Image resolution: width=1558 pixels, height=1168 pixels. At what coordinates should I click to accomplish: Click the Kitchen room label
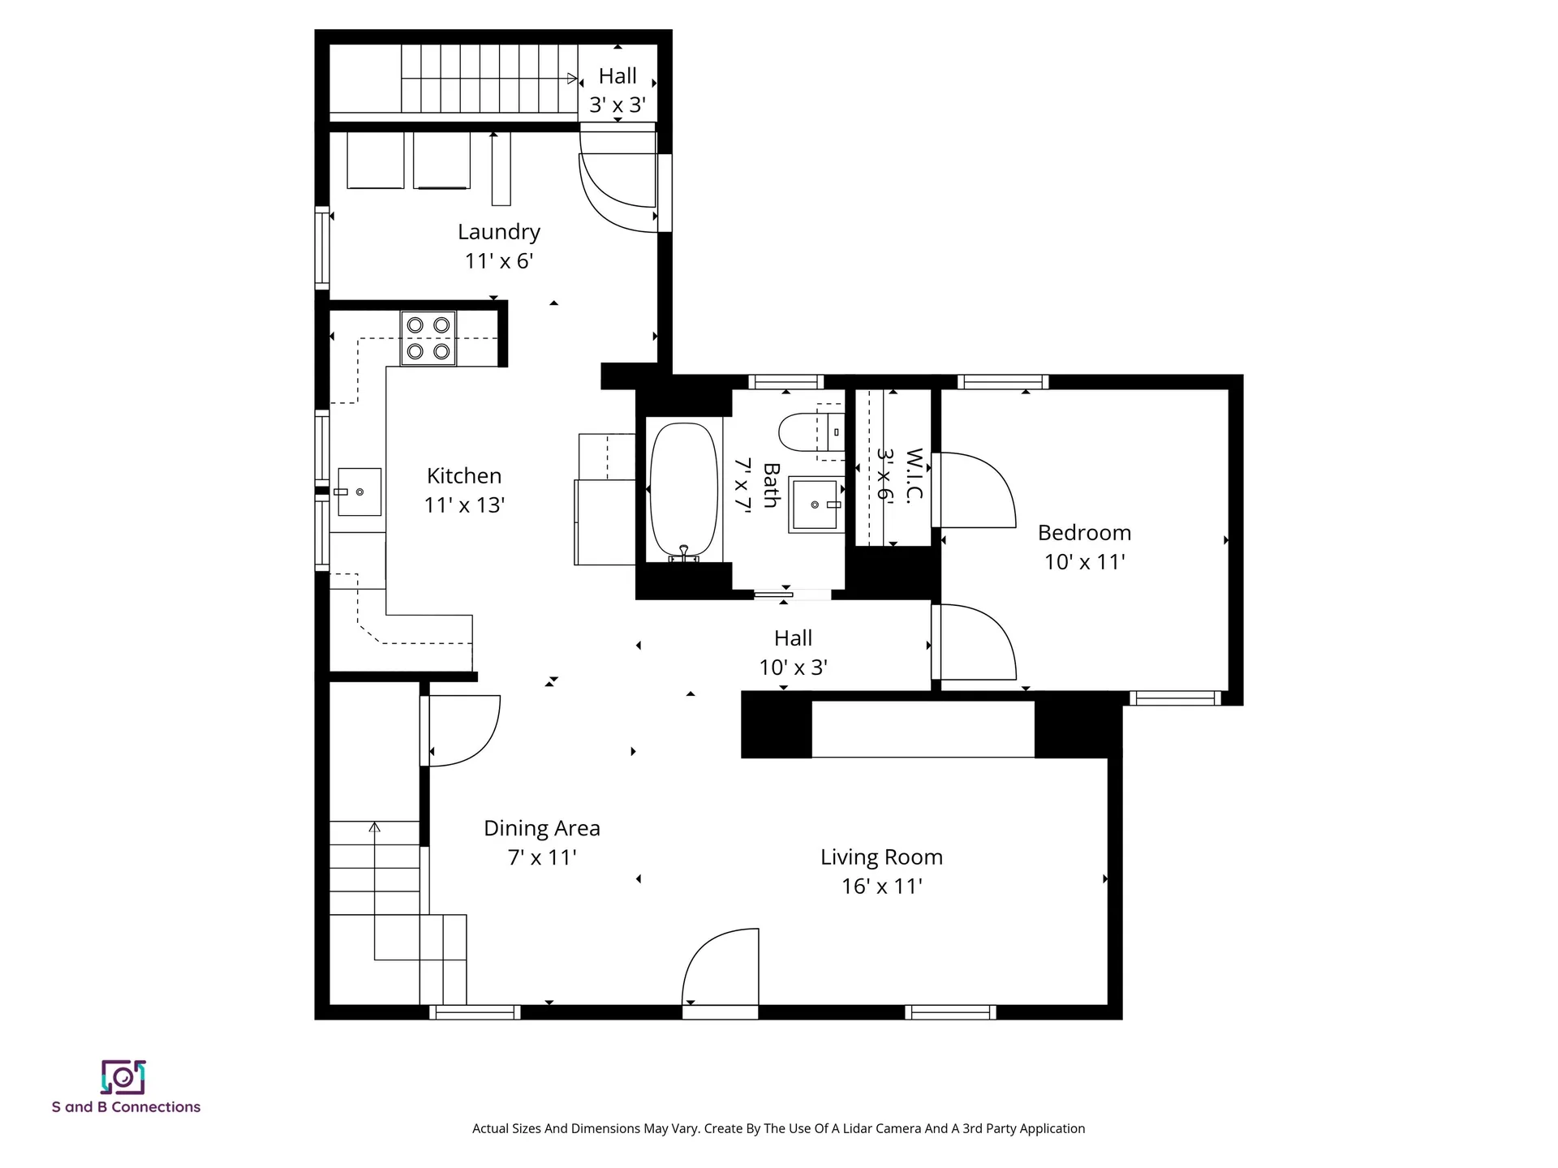464,476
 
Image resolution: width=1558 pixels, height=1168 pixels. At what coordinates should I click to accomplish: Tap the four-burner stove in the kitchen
428,338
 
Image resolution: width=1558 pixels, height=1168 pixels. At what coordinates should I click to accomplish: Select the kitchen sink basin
359,492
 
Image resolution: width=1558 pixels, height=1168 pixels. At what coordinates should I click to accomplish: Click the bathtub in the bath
684,491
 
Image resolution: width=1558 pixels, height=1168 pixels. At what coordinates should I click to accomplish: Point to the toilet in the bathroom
803,432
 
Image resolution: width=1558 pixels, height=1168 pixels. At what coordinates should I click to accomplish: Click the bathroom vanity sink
814,504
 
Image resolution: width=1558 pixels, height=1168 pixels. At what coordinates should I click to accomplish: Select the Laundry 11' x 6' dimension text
498,261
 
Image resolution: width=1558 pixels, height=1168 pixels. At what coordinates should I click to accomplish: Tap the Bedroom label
1084,533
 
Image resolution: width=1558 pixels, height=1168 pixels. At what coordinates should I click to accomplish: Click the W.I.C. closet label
915,476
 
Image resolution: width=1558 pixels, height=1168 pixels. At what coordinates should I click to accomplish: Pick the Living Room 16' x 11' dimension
881,887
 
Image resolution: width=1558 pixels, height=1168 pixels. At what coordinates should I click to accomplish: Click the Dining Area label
541,828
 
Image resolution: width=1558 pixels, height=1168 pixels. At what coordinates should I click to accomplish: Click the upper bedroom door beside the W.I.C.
974,491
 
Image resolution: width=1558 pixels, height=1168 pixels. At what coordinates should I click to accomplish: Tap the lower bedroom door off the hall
974,642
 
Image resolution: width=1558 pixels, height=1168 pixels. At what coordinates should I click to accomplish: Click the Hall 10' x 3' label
793,653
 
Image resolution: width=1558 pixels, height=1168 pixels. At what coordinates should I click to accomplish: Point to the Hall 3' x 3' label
617,90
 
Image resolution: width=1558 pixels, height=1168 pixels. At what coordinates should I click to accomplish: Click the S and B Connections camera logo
123,1077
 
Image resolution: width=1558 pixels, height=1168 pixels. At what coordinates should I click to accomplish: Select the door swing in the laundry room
617,191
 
